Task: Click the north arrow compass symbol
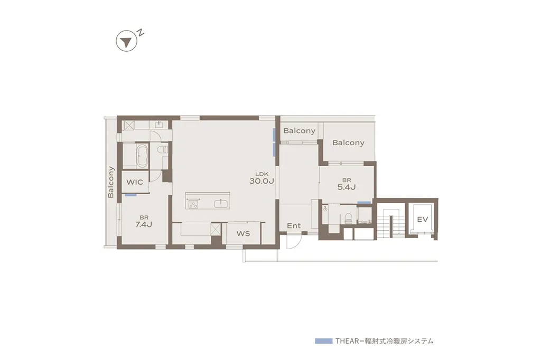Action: click(x=125, y=42)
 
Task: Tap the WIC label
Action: click(x=135, y=182)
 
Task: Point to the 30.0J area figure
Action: click(x=262, y=181)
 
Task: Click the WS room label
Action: click(x=243, y=233)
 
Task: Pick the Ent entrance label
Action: click(x=294, y=226)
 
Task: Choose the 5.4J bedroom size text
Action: click(x=346, y=187)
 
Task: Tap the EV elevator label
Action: click(x=422, y=219)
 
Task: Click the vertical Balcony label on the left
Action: click(x=111, y=182)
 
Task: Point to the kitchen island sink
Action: click(x=220, y=204)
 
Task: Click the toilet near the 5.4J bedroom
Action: click(x=348, y=216)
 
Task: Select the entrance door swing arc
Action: click(x=294, y=242)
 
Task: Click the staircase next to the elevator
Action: click(x=389, y=224)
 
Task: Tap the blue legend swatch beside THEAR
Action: click(x=323, y=341)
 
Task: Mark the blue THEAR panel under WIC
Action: click(x=131, y=195)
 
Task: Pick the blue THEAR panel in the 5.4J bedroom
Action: click(x=363, y=203)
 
